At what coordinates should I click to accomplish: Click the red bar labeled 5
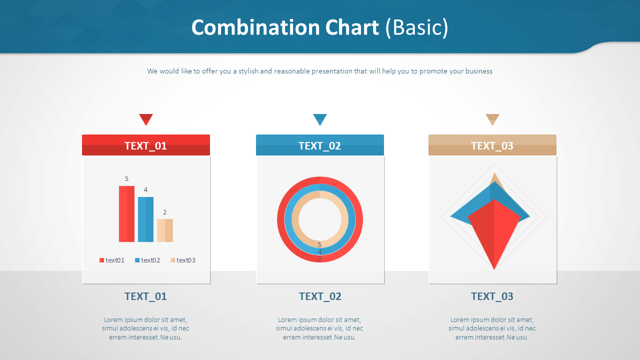click(x=126, y=214)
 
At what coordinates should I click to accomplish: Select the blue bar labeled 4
click(x=145, y=219)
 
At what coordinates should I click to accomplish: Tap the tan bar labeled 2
click(x=164, y=230)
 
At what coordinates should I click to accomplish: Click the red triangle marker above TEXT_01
click(x=146, y=119)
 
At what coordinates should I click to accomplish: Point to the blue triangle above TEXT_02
click(x=320, y=119)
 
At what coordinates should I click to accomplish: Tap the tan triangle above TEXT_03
click(x=492, y=119)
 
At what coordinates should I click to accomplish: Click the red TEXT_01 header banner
click(x=146, y=145)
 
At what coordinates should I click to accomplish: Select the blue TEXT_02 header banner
click(x=320, y=145)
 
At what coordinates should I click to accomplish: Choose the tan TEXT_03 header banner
click(x=492, y=145)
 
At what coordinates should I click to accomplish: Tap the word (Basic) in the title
click(x=417, y=27)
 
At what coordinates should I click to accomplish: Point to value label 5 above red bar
click(x=126, y=179)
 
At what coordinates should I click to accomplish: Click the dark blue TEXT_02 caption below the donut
click(x=320, y=296)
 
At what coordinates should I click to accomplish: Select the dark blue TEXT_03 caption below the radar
click(x=492, y=296)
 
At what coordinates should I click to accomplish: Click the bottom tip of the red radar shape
click(x=494, y=268)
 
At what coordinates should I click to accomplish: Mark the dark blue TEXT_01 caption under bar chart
click(x=146, y=296)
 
